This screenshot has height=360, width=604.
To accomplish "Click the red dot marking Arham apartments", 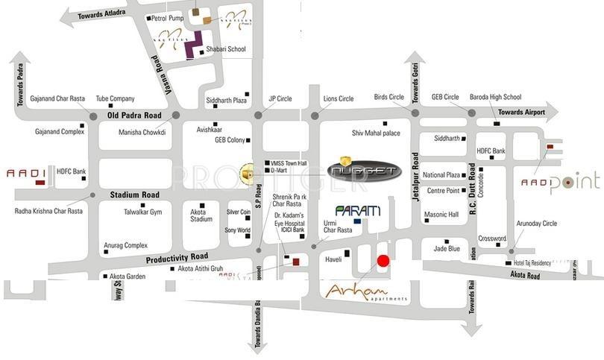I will click(x=383, y=261).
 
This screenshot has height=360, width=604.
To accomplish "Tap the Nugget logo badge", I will click(x=365, y=171).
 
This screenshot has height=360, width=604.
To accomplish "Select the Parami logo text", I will click(x=358, y=211).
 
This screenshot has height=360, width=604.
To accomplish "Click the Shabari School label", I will click(x=227, y=49).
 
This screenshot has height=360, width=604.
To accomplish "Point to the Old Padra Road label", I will click(x=134, y=116).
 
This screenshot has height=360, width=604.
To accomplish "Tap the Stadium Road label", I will click(x=135, y=195).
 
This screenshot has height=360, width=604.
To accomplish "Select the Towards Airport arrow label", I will click(x=522, y=113).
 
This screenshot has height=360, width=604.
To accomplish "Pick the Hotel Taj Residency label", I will click(x=532, y=263).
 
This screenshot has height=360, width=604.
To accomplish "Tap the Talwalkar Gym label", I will click(x=142, y=212).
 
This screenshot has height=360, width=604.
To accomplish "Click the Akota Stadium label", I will click(x=201, y=215).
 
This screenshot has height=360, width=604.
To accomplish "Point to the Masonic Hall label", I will click(x=441, y=215).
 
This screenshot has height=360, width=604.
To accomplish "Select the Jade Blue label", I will click(x=447, y=249).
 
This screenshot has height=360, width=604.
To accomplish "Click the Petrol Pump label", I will click(x=168, y=17).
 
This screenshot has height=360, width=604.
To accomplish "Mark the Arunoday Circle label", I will click(x=538, y=223).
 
